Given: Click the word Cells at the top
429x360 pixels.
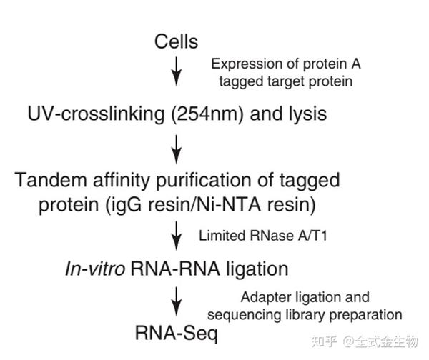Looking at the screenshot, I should (x=177, y=42).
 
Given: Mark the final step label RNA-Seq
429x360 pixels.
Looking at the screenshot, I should (x=167, y=332).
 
